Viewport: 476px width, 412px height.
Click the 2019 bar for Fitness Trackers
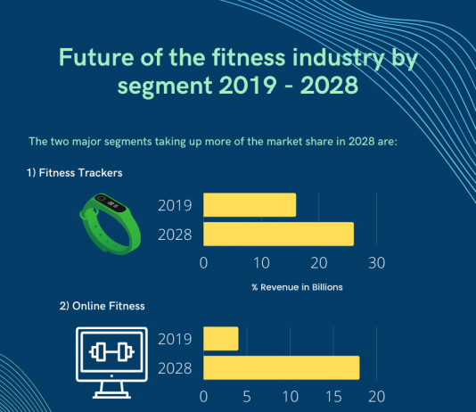tap(250, 205)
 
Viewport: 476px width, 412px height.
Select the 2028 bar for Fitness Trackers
tap(278, 234)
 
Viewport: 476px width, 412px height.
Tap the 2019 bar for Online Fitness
tap(221, 339)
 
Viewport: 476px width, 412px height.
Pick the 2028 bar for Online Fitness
tap(282, 367)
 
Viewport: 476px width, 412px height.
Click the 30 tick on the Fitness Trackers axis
tap(376, 263)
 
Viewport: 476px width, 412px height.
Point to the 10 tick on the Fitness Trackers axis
tap(261, 263)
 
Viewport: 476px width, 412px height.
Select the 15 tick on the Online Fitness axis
tap(333, 397)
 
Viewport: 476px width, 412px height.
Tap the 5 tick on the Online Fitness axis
tap(247, 397)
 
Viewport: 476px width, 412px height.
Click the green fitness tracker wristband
tap(110, 224)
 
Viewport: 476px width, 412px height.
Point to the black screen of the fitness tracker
tap(111, 202)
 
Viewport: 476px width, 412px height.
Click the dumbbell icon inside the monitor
tap(111, 352)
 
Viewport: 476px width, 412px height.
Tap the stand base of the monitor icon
tap(111, 395)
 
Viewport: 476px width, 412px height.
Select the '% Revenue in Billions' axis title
tap(297, 287)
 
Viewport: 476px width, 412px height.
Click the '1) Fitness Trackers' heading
tap(74, 173)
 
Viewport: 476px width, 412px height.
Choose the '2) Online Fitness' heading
tap(102, 306)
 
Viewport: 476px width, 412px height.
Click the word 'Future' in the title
tap(96, 57)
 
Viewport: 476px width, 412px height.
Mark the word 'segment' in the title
tap(165, 86)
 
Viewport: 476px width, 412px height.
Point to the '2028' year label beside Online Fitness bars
tap(175, 368)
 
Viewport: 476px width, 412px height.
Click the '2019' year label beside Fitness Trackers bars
tap(175, 205)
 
